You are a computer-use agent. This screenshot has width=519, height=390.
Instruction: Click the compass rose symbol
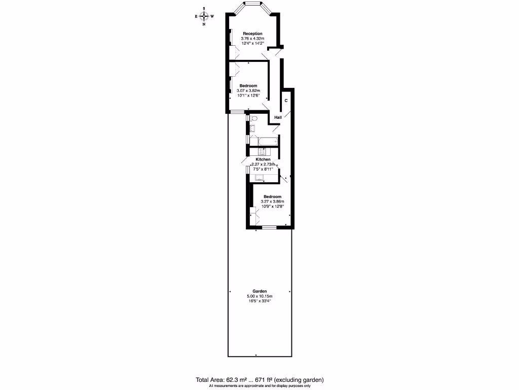pyautogui.click(x=204, y=16)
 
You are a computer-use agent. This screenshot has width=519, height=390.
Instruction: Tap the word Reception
pyautogui.click(x=252, y=34)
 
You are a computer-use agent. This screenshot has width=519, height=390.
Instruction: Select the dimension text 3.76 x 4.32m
pyautogui.click(x=252, y=39)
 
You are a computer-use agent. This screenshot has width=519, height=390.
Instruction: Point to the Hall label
pyautogui.click(x=278, y=117)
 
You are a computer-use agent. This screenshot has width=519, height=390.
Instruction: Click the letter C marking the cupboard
pyautogui.click(x=286, y=101)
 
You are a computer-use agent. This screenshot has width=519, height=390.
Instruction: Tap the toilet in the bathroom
pyautogui.click(x=254, y=118)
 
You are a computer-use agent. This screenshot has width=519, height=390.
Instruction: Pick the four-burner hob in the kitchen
pyautogui.click(x=263, y=151)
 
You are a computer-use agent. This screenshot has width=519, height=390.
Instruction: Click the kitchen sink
pyautogui.click(x=259, y=178)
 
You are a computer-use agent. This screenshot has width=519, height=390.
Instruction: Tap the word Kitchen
pyautogui.click(x=263, y=159)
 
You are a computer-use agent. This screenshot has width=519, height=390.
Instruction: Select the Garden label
pyautogui.click(x=259, y=291)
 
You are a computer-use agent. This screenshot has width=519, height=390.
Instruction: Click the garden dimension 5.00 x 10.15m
pyautogui.click(x=259, y=297)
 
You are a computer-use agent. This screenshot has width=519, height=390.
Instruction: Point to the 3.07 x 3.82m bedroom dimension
pyautogui.click(x=248, y=91)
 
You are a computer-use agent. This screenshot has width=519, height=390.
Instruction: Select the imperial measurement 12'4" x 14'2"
pyautogui.click(x=252, y=44)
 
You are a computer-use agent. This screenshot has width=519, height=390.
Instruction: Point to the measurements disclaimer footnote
pyautogui.click(x=259, y=386)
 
